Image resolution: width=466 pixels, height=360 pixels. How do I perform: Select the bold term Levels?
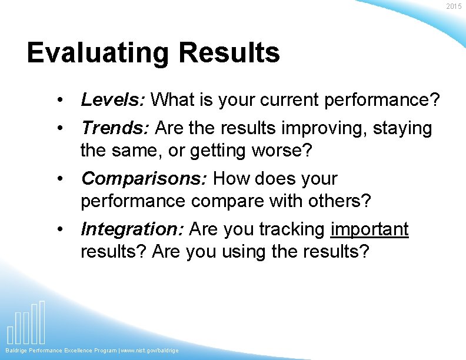(113, 100)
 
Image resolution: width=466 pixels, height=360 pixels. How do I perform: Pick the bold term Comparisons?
(144, 178)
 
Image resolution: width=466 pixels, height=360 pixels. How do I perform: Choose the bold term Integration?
(133, 229)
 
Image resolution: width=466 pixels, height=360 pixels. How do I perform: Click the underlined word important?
(370, 229)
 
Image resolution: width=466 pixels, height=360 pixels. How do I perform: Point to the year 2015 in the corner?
(454, 6)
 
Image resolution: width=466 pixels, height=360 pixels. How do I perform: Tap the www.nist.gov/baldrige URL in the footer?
(150, 351)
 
